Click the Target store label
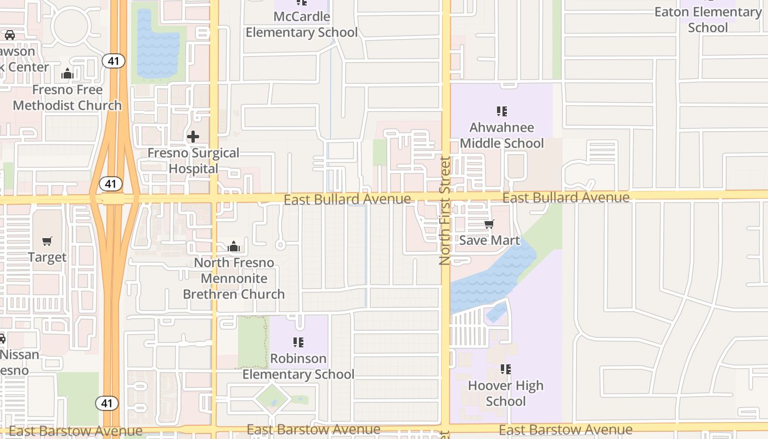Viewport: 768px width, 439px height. coord(47,257)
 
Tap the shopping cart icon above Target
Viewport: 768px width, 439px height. coord(47,241)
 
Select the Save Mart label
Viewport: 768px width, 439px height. coord(489,240)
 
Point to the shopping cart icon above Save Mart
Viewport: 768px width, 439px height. coord(489,224)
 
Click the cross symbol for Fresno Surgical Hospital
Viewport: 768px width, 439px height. coord(193,136)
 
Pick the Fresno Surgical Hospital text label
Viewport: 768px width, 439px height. coord(193,161)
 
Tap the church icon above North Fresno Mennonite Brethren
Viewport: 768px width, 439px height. coord(234,246)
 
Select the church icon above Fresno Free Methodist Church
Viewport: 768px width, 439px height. coord(67,73)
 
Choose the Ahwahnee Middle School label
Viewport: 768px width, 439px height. coord(501,136)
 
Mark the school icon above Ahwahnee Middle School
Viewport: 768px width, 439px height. coord(501,111)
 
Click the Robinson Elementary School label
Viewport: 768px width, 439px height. coord(298,367)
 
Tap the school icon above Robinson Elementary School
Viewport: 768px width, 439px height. coord(298,342)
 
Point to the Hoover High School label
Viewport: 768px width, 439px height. coord(506,393)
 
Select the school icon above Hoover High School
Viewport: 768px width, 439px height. coord(506,369)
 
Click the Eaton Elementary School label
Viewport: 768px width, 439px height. coord(708,20)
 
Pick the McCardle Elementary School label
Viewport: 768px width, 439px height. coord(302,24)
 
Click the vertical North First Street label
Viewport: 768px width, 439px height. coord(444,211)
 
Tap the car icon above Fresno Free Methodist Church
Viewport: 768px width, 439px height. coord(10,35)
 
